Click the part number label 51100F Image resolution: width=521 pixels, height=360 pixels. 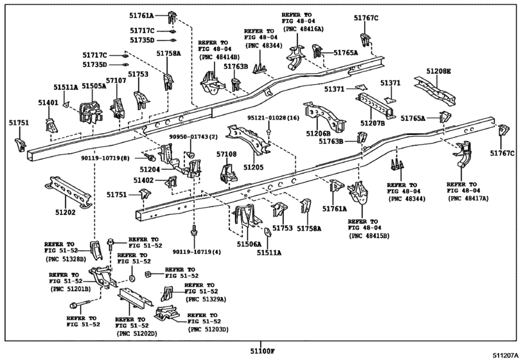pyautogui.click(x=263, y=351)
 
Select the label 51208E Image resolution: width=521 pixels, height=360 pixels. pyautogui.click(x=439, y=71)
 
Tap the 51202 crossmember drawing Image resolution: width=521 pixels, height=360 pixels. pyautogui.click(x=68, y=192)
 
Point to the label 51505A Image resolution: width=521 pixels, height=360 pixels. pyautogui.click(x=94, y=86)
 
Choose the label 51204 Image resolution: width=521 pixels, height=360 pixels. pyautogui.click(x=150, y=170)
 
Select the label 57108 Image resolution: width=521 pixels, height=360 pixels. pyautogui.click(x=227, y=154)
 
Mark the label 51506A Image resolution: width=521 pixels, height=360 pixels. pyautogui.click(x=249, y=244)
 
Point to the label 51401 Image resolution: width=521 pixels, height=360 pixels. pyautogui.click(x=48, y=103)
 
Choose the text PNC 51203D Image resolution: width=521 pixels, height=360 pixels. pyautogui.click(x=209, y=329)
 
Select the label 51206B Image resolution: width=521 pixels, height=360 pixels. pyautogui.click(x=318, y=133)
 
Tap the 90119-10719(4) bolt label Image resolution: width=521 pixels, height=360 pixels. pyautogui.click(x=197, y=252)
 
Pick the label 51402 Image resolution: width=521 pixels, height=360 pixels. pyautogui.click(x=143, y=180)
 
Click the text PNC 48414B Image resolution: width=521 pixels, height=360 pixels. pyautogui.click(x=219, y=57)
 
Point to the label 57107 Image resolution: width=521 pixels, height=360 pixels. pyautogui.click(x=116, y=80)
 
